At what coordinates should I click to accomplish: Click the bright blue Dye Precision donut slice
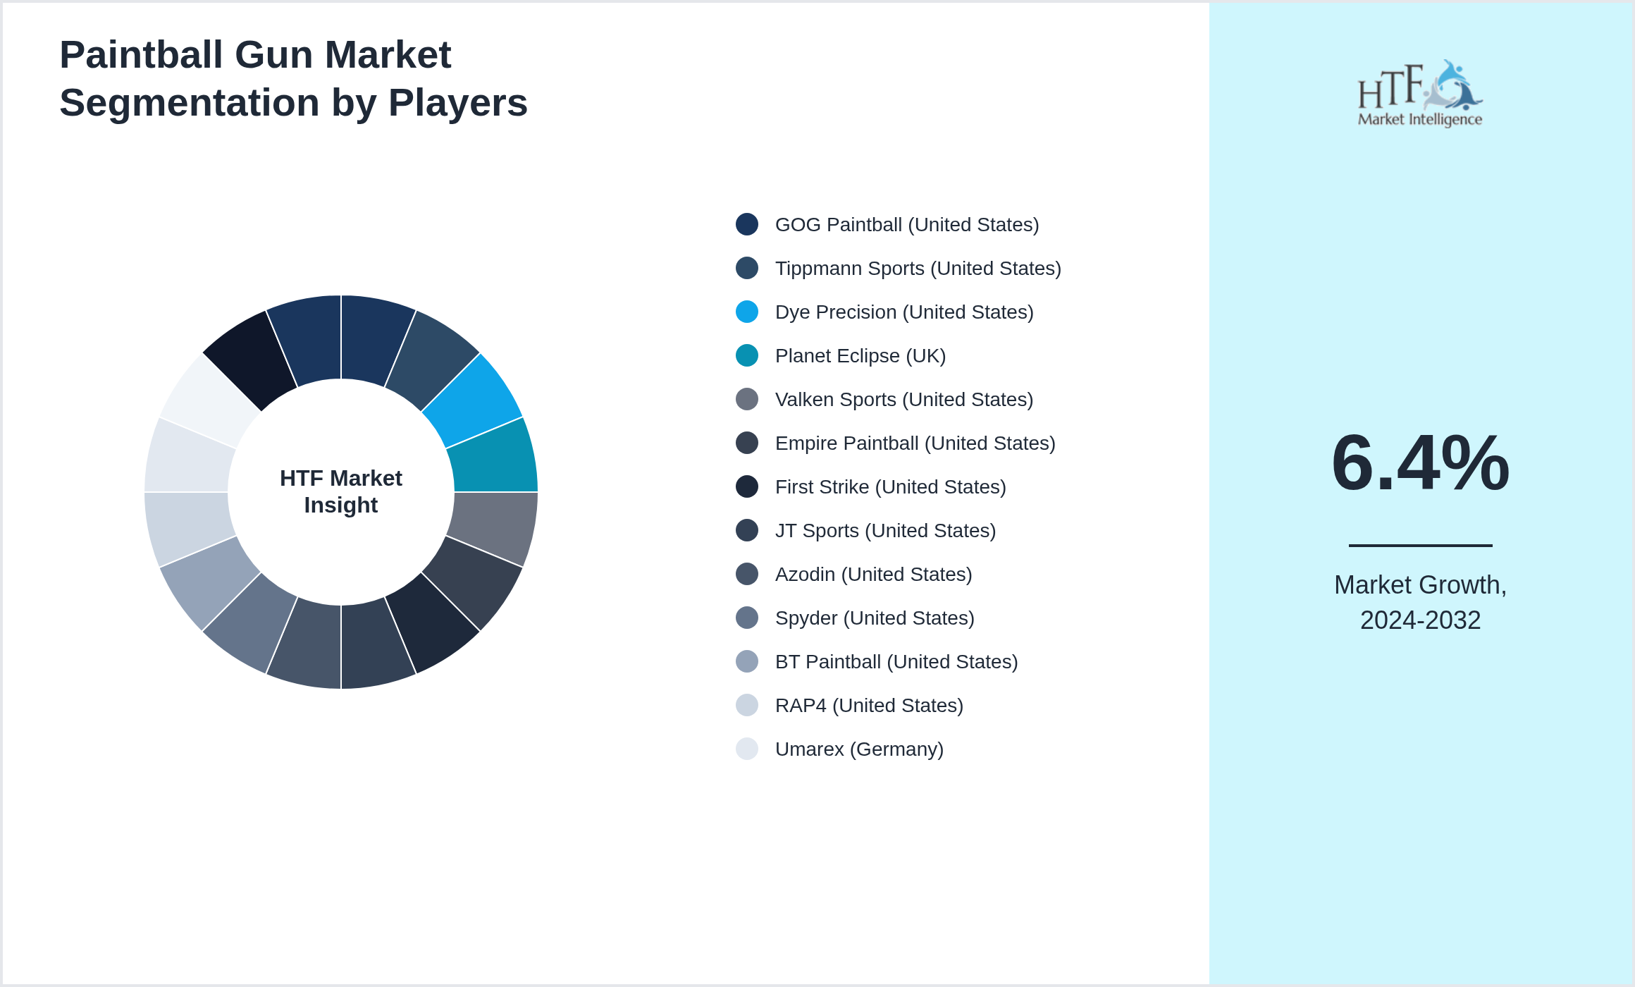(x=474, y=400)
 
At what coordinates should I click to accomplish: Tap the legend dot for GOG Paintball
(x=747, y=224)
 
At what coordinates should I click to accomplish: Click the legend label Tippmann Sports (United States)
(x=918, y=269)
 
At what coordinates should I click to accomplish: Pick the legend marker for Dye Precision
(x=747, y=312)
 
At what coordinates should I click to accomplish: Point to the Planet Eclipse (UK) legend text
(x=860, y=356)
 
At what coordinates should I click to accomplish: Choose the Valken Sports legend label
(x=904, y=400)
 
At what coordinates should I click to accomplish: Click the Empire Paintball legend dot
(x=747, y=443)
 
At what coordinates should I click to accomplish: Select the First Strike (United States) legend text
(x=891, y=487)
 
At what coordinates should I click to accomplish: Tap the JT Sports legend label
(x=885, y=531)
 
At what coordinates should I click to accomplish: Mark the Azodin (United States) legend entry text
(x=874, y=575)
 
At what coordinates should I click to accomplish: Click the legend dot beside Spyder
(x=747, y=618)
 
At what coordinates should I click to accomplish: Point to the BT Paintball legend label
(x=896, y=662)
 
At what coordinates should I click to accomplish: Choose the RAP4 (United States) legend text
(x=869, y=706)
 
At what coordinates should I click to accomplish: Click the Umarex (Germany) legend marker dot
(x=747, y=749)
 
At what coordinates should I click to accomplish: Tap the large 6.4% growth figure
(x=1421, y=462)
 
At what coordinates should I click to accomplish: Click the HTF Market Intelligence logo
(x=1420, y=93)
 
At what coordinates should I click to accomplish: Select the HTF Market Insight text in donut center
(x=341, y=491)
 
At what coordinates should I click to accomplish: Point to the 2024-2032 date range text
(x=1421, y=620)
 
